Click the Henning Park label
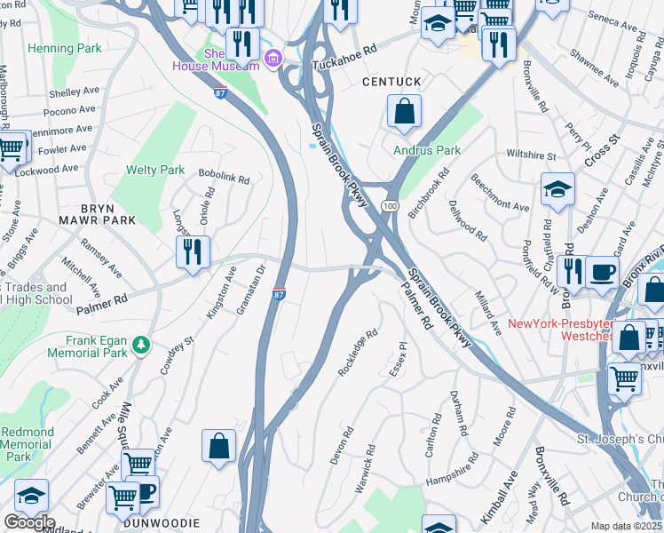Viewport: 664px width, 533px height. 65,47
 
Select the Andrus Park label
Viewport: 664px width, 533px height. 427,150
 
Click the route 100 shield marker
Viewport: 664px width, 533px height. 389,206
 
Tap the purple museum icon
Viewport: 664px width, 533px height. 273,60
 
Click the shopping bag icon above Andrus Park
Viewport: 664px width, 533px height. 404,112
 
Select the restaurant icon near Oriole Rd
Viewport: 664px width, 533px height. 192,251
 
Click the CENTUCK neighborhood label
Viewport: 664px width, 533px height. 391,82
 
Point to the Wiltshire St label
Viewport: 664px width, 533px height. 531,156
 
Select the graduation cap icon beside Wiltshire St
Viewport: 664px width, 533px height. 557,189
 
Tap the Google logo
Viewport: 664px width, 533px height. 29,521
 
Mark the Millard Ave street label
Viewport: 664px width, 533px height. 488,314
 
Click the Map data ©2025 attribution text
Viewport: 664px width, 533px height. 626,526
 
